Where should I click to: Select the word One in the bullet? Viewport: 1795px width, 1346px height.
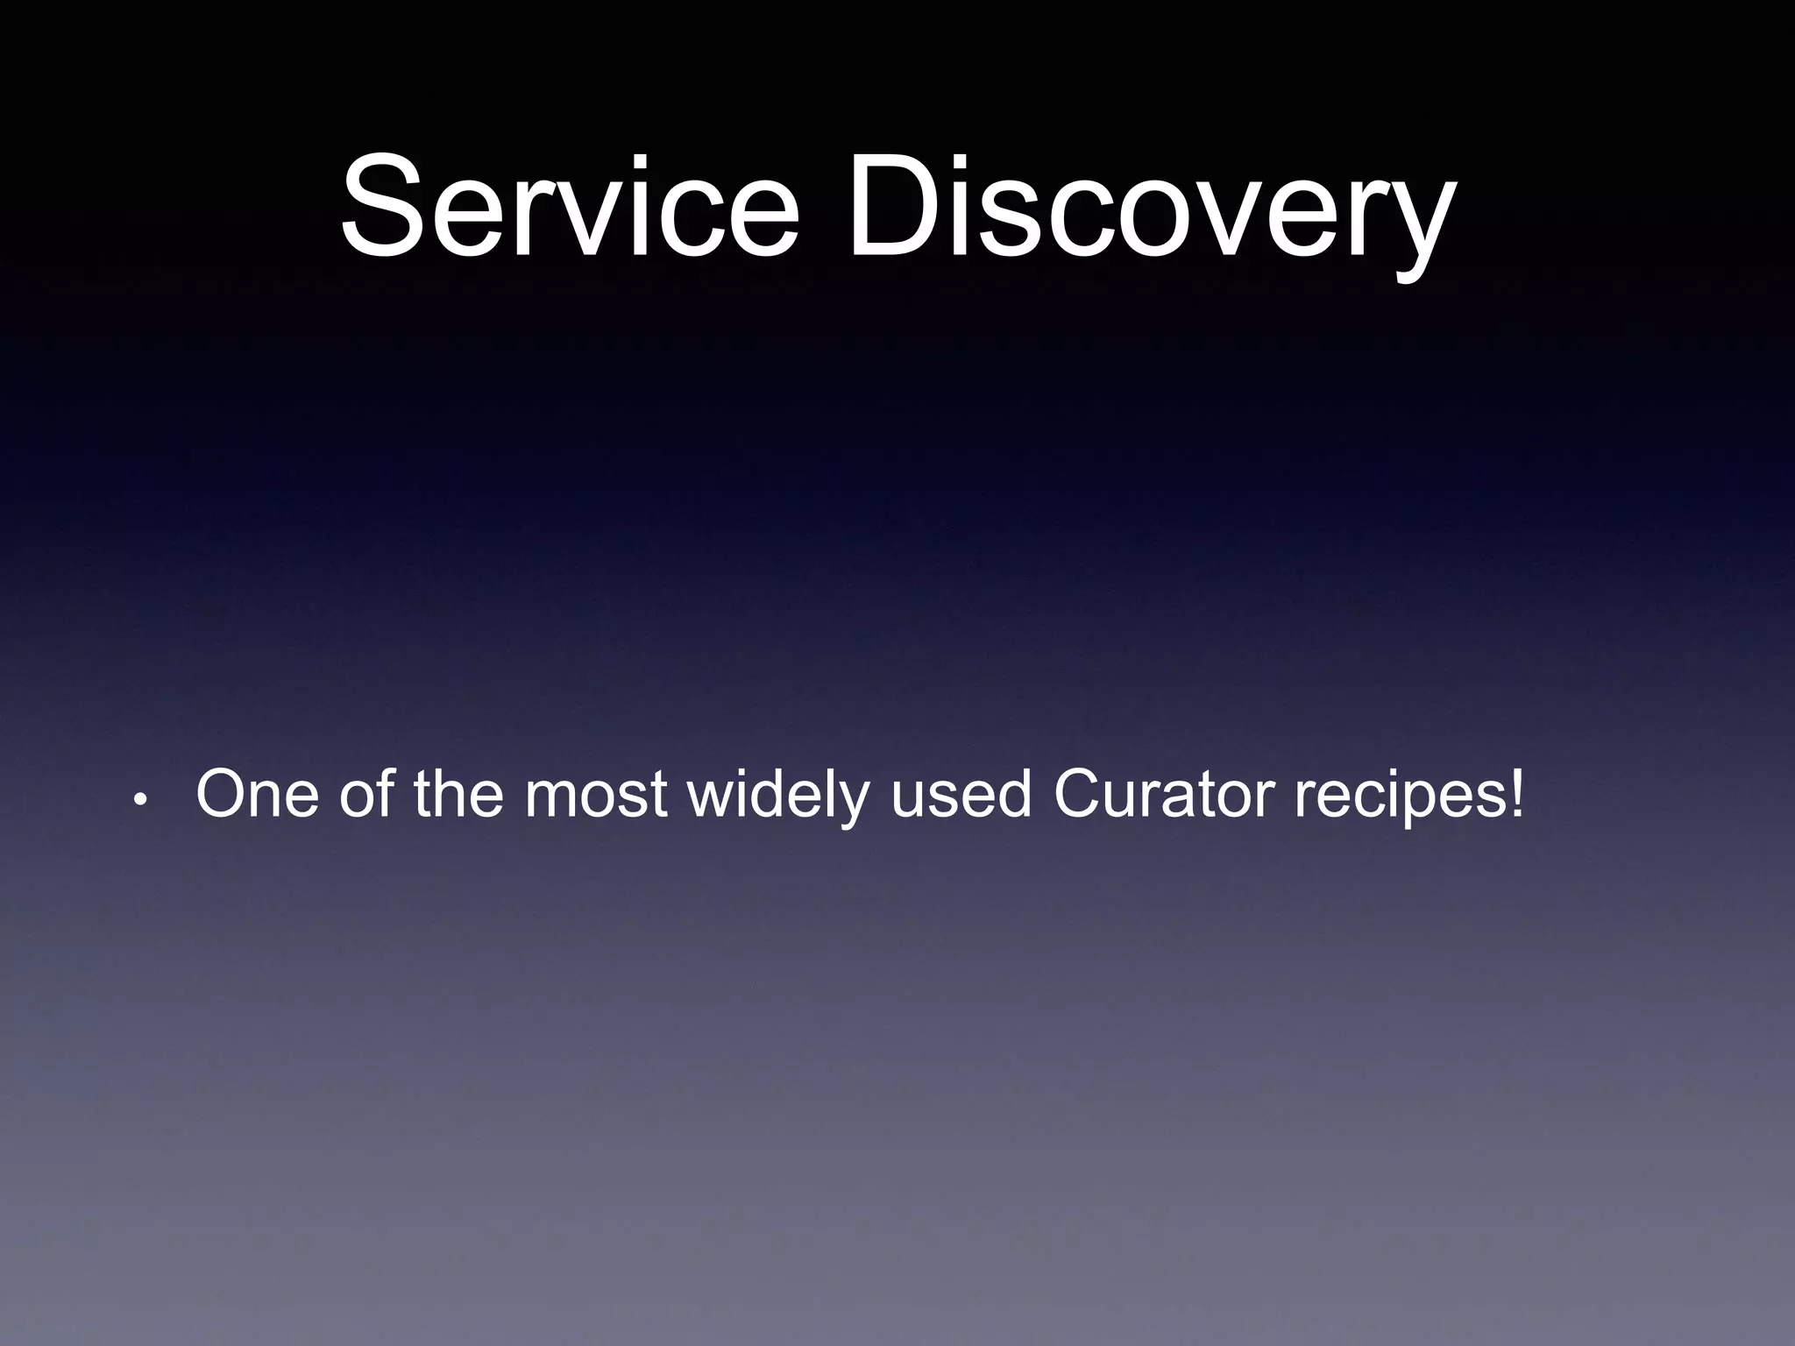click(x=258, y=794)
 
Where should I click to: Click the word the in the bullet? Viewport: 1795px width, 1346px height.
click(x=458, y=794)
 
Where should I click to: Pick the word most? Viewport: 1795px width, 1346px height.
click(x=597, y=794)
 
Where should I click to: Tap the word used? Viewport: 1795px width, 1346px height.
click(x=961, y=794)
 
